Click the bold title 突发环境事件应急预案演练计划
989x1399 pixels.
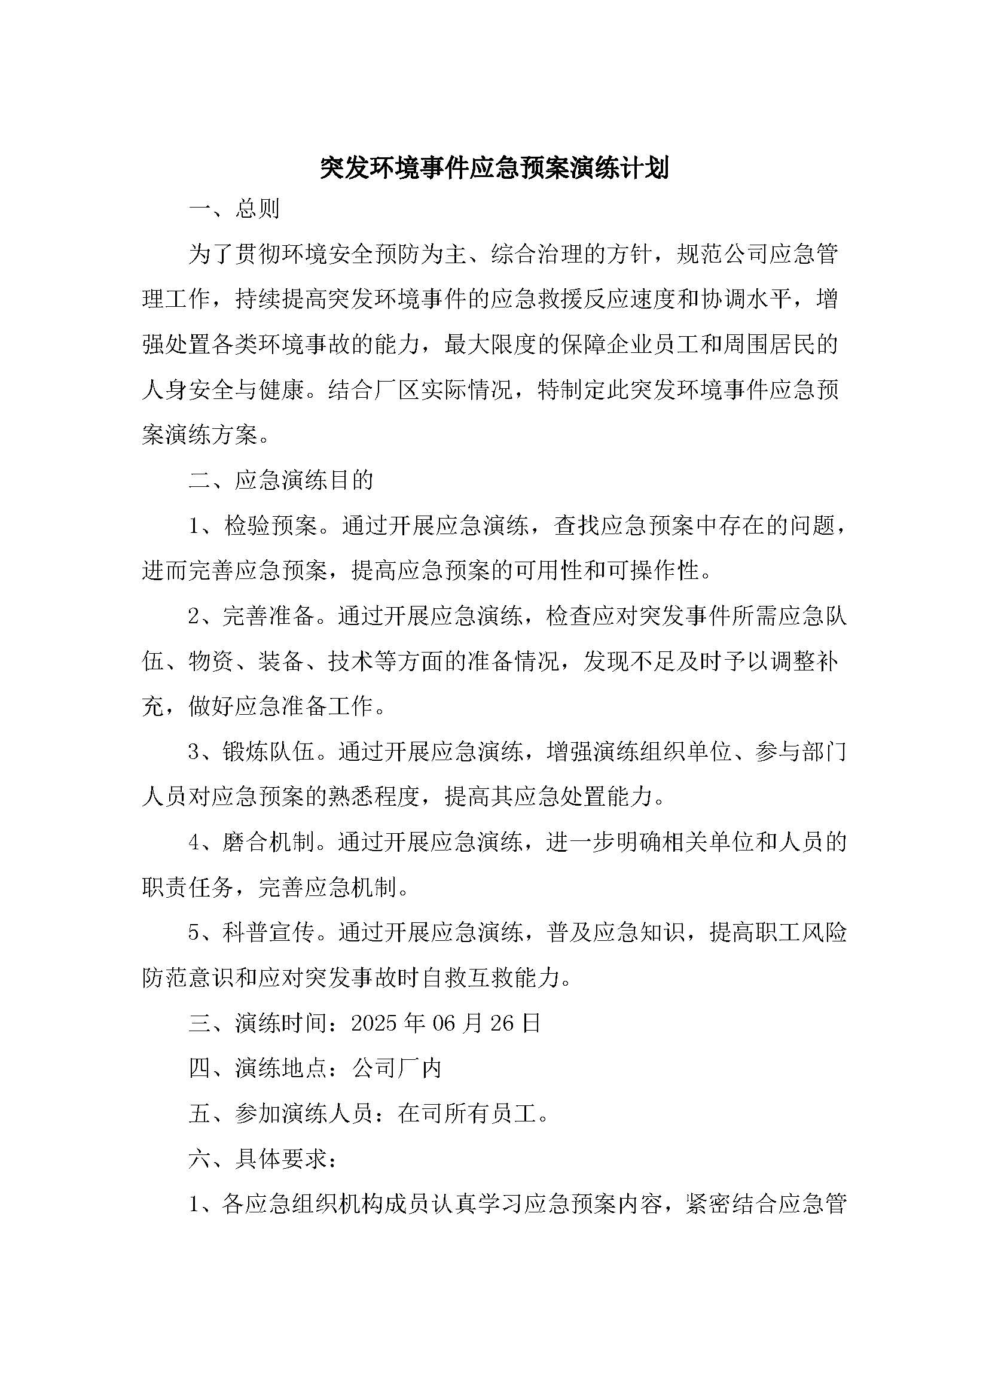tap(494, 168)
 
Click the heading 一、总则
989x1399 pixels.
tap(234, 209)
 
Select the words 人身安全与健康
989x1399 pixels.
tap(222, 390)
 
